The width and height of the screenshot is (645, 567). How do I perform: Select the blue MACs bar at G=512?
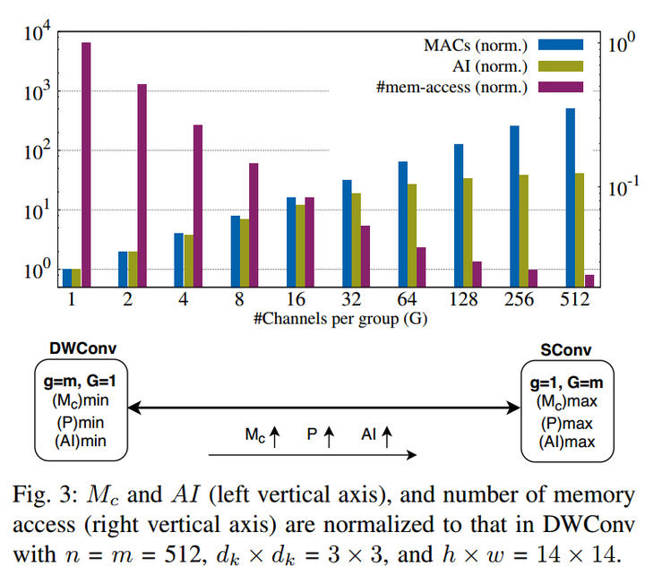pyautogui.click(x=570, y=197)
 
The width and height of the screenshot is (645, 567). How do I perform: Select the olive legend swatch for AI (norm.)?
pyautogui.click(x=563, y=65)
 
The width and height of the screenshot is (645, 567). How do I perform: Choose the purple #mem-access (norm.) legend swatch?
pyautogui.click(x=563, y=87)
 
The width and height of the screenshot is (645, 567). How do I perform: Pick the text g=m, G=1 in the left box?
pyautogui.click(x=78, y=382)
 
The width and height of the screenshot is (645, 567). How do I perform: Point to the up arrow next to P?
pyautogui.click(x=328, y=435)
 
